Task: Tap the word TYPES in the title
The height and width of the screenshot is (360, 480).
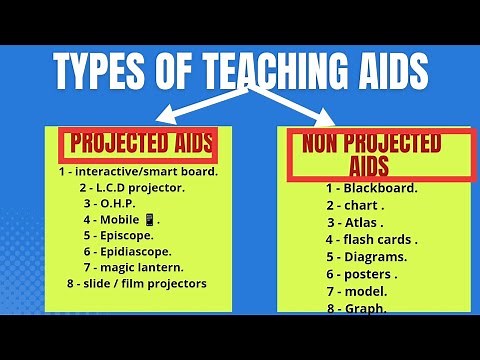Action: click(104, 71)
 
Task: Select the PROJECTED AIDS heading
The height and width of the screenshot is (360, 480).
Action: click(139, 145)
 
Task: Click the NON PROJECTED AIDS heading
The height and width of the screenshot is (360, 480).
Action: click(371, 153)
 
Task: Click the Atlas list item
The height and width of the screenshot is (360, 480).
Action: click(357, 222)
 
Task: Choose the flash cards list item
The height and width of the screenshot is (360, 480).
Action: click(371, 239)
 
